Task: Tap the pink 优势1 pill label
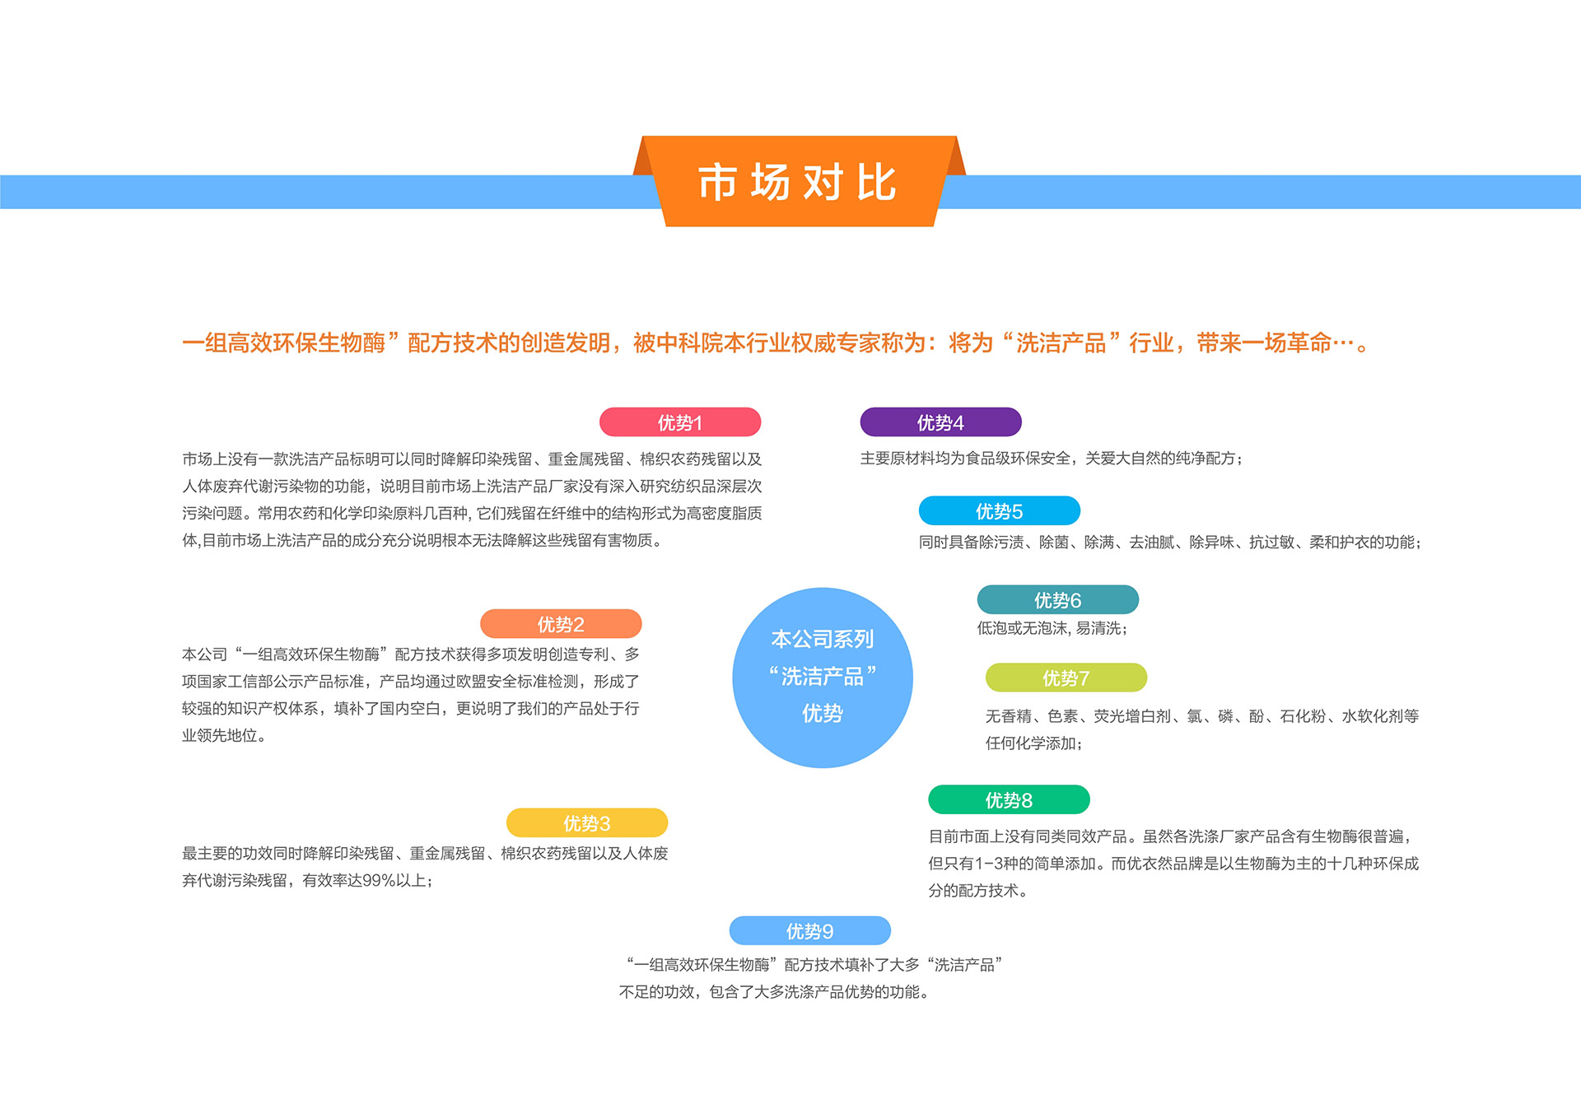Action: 680,422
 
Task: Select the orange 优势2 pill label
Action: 561,624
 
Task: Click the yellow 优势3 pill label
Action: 587,823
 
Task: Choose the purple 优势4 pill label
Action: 940,422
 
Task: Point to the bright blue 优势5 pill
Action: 1000,510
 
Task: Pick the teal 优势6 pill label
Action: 1058,599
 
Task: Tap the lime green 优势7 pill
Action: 1066,678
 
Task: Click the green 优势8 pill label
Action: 1009,799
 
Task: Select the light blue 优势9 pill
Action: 810,930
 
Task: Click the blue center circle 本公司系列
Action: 823,678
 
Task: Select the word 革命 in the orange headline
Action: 1309,342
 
